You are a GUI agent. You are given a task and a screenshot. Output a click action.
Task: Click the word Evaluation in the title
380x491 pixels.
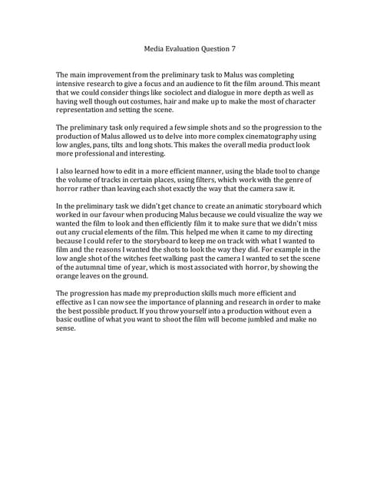[187, 48]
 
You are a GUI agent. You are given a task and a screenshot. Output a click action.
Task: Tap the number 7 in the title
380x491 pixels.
[233, 48]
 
